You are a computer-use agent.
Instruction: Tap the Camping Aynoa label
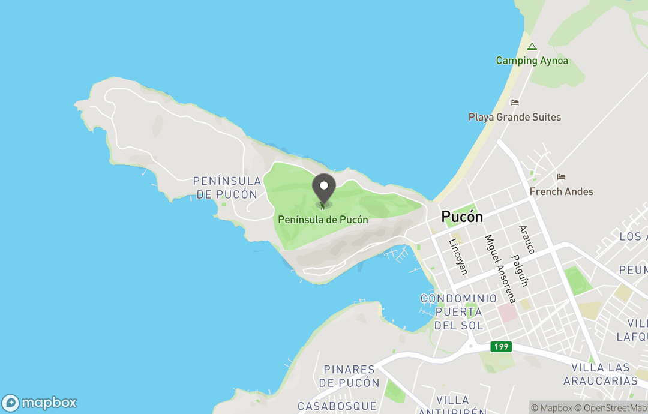tap(532, 61)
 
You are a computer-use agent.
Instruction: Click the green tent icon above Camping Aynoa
tap(532, 46)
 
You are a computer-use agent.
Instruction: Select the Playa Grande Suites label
tap(515, 117)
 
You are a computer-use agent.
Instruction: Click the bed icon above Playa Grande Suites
tap(514, 103)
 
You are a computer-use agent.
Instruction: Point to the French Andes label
tap(561, 191)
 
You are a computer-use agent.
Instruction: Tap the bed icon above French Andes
tap(561, 177)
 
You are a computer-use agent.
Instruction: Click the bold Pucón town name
tap(462, 217)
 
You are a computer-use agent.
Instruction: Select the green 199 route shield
tap(501, 347)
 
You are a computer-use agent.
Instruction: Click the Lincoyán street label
tap(458, 257)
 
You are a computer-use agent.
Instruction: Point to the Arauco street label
tap(526, 239)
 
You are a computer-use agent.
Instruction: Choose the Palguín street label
tap(520, 270)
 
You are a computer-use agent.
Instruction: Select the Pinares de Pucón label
tap(349, 376)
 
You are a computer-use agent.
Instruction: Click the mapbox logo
tap(40, 403)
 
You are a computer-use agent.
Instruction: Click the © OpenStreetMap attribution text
tap(610, 408)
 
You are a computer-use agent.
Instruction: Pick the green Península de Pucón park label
tap(323, 220)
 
